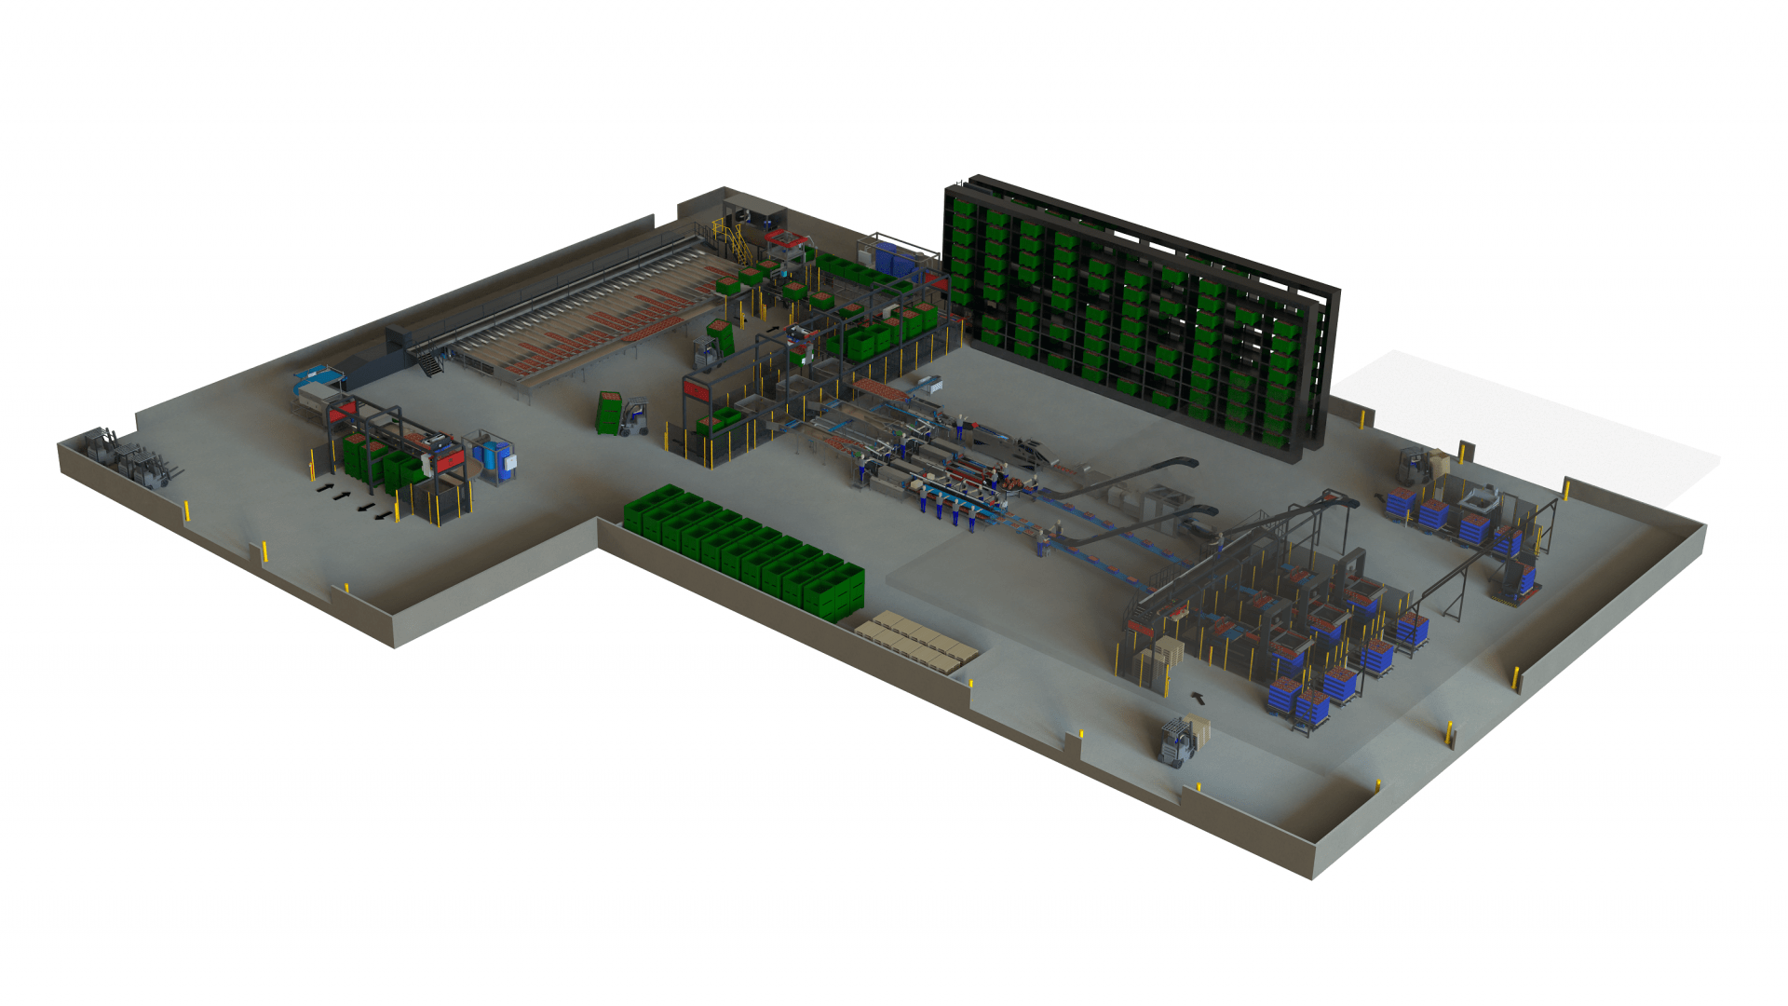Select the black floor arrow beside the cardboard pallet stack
click(1199, 695)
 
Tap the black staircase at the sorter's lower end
click(430, 363)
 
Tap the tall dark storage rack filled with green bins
click(1136, 312)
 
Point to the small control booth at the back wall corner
click(752, 216)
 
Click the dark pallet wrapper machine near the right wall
click(1513, 582)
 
